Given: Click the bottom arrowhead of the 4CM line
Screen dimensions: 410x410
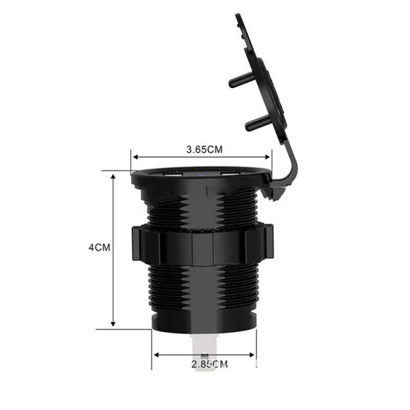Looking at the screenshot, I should point(113,324).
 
